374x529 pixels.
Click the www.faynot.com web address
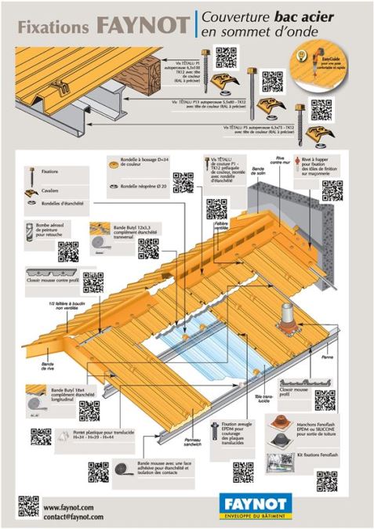[x=68, y=507]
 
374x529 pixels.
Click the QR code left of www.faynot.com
[x=28, y=507]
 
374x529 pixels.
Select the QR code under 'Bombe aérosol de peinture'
[x=68, y=251]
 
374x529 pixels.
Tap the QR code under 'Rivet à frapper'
[x=332, y=190]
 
